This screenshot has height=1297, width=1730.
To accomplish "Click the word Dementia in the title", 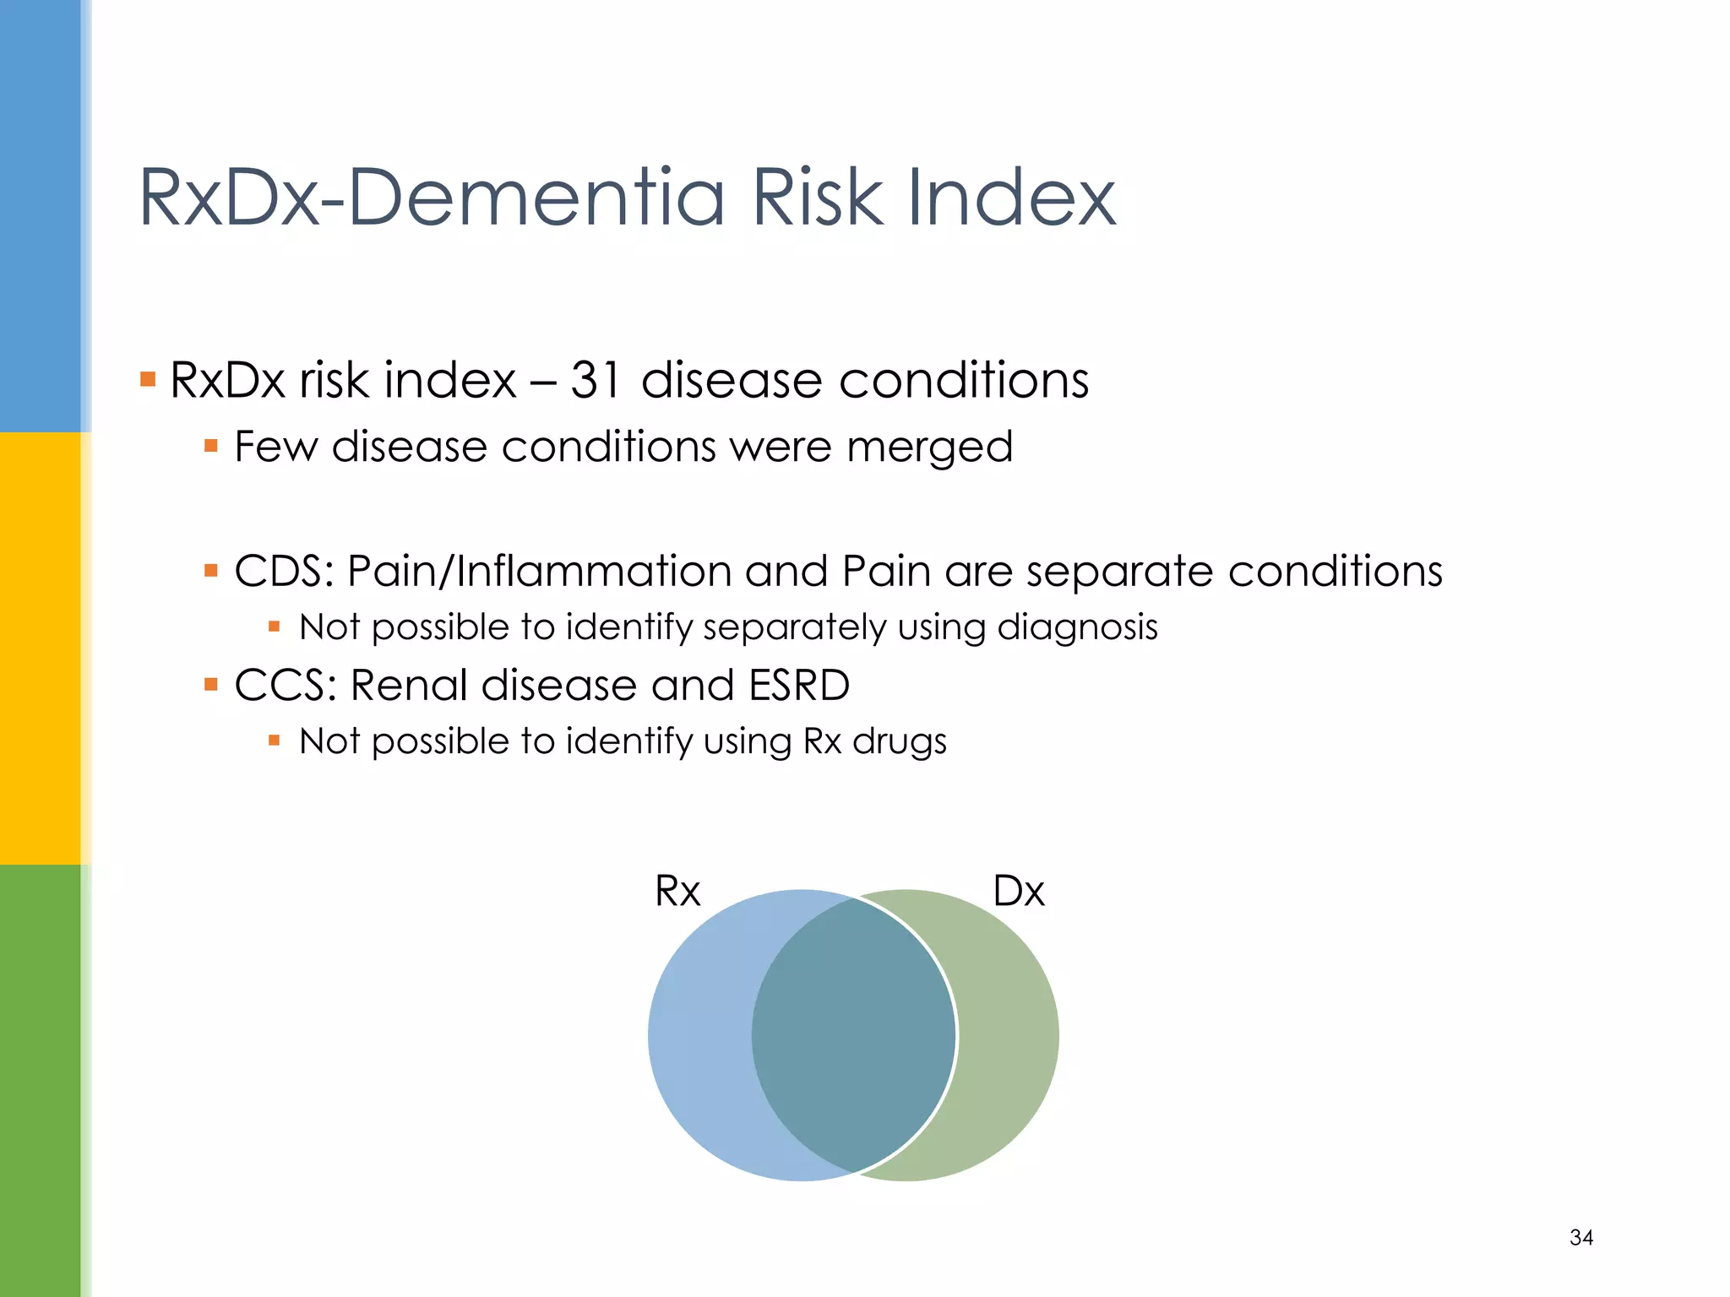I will (536, 198).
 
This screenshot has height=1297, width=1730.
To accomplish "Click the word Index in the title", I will (1011, 198).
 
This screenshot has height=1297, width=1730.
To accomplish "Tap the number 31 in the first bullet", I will (596, 380).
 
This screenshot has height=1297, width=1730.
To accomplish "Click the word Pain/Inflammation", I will (538, 572).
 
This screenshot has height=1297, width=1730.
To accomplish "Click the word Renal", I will (409, 685).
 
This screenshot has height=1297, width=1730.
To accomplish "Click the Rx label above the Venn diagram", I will (677, 892).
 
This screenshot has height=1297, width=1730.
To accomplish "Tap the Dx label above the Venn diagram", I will (1019, 892).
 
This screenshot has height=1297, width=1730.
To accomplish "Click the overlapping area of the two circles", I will (853, 1035).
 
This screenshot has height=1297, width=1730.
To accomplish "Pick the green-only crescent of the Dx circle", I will (1009, 1035).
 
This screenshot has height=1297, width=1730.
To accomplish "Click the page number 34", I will (1581, 1238).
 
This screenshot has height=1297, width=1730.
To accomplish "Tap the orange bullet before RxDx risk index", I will (149, 379).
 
